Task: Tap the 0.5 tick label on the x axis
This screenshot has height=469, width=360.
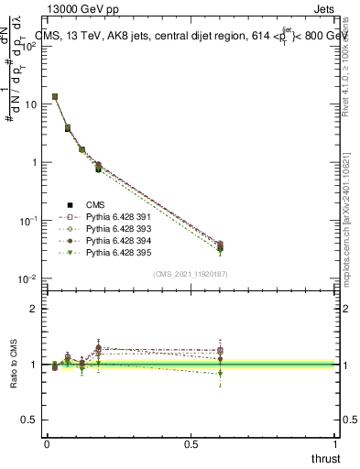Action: tap(191, 442)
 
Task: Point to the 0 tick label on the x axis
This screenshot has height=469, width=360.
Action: tap(47, 442)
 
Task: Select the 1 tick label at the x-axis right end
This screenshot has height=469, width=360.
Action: tap(335, 442)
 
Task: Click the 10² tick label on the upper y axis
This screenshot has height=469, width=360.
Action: tap(29, 46)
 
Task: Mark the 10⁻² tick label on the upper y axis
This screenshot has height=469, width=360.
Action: tap(27, 279)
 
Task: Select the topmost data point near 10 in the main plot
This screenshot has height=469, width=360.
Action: tap(55, 96)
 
